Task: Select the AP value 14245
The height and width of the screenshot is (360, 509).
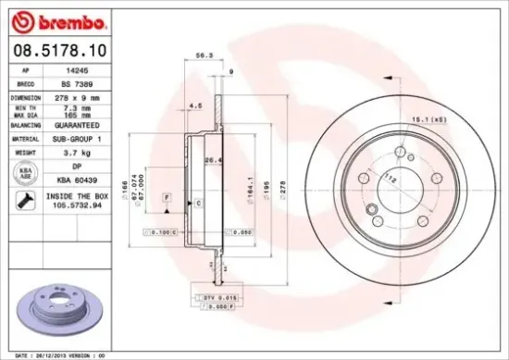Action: coord(76,69)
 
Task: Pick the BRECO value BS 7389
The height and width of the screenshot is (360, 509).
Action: coord(76,82)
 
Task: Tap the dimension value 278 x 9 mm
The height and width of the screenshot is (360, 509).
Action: coord(76,96)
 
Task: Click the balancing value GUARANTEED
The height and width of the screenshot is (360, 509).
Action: coord(76,124)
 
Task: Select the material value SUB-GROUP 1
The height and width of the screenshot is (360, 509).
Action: coord(76,138)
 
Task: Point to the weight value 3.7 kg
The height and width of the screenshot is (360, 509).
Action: coord(76,152)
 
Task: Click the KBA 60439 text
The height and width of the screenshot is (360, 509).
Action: coord(76,180)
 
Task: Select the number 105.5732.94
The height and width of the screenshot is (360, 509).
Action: coord(76,205)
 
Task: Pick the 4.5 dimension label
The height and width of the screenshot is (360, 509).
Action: coord(196,107)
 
